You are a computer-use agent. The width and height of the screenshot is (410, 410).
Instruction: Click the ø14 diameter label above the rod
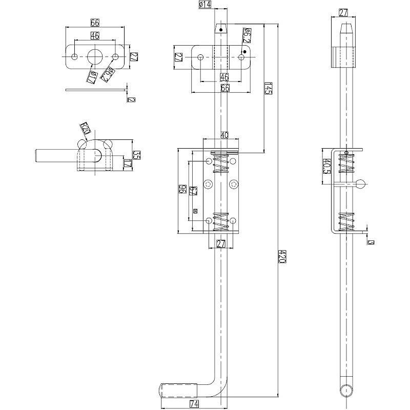(204, 5)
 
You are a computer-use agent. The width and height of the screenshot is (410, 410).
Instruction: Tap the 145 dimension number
(268, 88)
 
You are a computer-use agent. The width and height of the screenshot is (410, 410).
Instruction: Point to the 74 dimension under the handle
(194, 404)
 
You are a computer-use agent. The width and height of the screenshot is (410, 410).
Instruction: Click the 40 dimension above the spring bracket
(224, 135)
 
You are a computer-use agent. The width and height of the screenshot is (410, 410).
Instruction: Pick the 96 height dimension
(182, 189)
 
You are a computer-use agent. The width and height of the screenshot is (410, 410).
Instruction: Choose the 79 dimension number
(193, 191)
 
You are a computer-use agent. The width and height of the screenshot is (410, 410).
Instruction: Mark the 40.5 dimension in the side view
(326, 166)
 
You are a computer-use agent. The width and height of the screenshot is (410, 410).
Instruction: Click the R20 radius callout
(85, 128)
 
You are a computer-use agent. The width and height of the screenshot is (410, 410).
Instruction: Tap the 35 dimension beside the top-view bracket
(136, 154)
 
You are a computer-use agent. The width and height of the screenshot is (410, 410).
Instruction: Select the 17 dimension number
(127, 163)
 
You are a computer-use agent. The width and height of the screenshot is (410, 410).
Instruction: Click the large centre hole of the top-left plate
(95, 56)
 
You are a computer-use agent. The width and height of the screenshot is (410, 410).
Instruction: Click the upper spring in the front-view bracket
(221, 164)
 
